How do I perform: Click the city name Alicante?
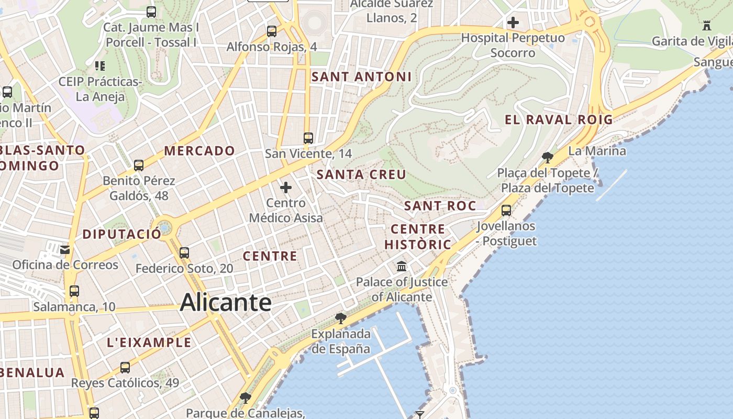coord(226,303)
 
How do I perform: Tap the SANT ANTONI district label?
coord(361,77)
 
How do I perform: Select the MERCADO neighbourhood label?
coord(199,151)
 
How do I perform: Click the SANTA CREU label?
coord(361,174)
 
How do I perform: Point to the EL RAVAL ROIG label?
coord(558,119)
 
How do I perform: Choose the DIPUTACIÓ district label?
coord(122,234)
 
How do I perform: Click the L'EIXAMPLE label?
coord(149,343)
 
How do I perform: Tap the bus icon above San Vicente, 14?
coord(308,138)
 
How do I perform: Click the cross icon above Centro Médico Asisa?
coord(286,188)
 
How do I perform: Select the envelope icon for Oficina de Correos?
coord(65,250)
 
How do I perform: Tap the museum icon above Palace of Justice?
coord(402,267)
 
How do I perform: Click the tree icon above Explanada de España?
coord(340,318)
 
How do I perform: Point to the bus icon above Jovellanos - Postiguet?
coord(506,211)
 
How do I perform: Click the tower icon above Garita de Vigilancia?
coord(707,25)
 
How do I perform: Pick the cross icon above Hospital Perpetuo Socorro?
coord(513,23)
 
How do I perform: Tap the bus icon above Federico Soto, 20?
coord(184,253)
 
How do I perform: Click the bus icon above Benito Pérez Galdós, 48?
coord(139,166)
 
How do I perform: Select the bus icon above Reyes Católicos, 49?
coord(125,368)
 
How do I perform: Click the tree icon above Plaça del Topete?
coord(548,157)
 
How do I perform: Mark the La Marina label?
coord(597,151)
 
